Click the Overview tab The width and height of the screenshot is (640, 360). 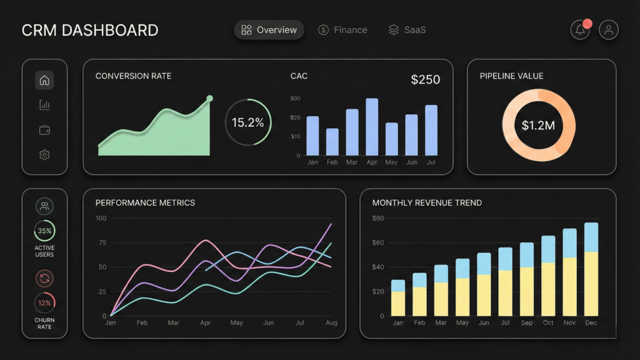point(269,30)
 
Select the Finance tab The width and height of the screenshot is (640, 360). point(342,30)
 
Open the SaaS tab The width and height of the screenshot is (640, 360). point(407,30)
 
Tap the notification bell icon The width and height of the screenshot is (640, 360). point(581,30)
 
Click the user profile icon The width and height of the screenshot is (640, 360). point(609,30)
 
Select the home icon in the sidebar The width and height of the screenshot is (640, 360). point(44,80)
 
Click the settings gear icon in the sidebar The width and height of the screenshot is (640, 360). point(44,155)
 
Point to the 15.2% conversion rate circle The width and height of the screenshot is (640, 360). point(248,122)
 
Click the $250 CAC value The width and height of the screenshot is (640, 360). point(425,79)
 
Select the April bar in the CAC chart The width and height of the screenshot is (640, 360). point(372,127)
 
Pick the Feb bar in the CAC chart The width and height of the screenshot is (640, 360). point(332,142)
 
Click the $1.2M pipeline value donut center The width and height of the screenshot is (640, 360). point(538,125)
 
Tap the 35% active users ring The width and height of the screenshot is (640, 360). point(44,231)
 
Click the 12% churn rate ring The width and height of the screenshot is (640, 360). point(44,303)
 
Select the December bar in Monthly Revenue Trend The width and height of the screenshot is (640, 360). point(591,269)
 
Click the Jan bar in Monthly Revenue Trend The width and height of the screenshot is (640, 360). point(398,298)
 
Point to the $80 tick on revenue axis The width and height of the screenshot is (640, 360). point(377,218)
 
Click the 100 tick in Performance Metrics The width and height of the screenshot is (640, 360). point(100,218)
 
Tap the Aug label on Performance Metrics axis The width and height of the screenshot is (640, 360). point(331,323)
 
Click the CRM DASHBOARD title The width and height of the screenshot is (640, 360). point(89,30)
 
